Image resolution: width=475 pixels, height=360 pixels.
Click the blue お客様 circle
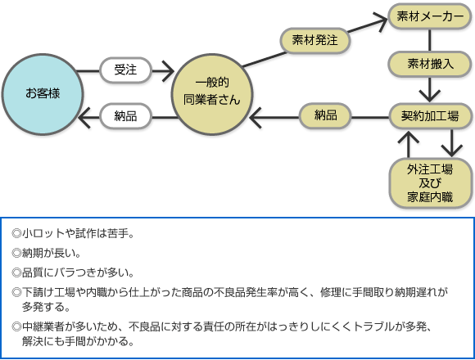(x=43, y=94)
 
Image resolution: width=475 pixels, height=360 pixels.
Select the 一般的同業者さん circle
(x=212, y=94)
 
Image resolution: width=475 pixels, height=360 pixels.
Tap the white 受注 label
(x=125, y=70)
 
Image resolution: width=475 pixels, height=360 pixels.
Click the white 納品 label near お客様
(x=125, y=116)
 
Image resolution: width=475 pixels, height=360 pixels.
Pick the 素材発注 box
(x=315, y=40)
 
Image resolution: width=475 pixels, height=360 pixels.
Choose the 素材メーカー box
(x=430, y=16)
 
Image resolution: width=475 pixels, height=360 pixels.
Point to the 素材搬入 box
(x=430, y=64)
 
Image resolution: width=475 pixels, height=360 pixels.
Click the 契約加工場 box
(x=430, y=116)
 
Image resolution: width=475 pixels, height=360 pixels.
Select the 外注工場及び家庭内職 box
(x=430, y=183)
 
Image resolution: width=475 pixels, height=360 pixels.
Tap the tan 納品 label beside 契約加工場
(x=325, y=116)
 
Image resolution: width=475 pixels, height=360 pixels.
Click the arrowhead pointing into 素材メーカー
(x=382, y=21)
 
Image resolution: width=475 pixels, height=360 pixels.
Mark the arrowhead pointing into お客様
(x=84, y=117)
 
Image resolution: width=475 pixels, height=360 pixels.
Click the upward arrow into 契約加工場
(x=409, y=144)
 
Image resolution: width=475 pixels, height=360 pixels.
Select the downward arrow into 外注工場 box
(x=452, y=143)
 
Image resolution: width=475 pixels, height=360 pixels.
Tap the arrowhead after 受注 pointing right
(x=168, y=71)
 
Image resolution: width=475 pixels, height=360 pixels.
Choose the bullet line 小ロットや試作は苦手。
(x=73, y=233)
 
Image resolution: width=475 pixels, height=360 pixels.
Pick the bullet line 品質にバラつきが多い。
(x=73, y=273)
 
